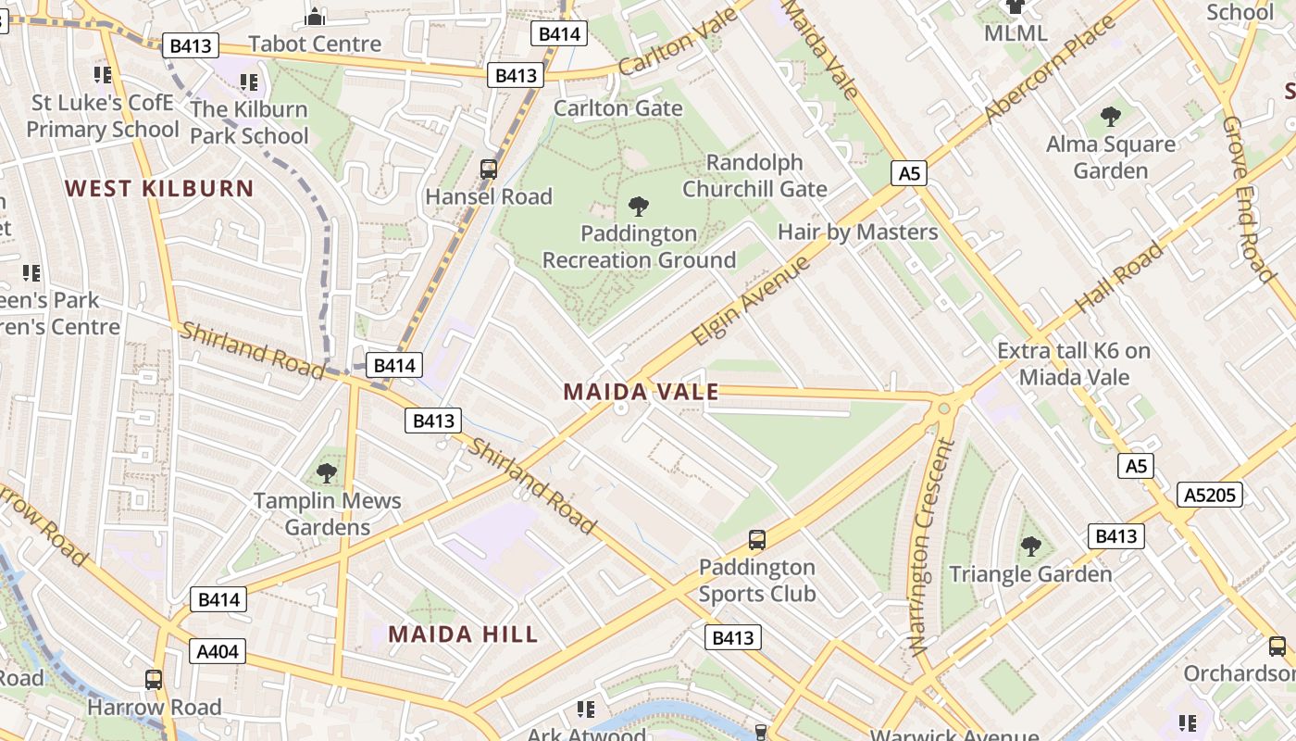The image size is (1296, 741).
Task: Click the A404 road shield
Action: pos(218,651)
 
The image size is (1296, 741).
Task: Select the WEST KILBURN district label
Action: pos(159,189)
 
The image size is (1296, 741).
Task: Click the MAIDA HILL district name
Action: pos(463,634)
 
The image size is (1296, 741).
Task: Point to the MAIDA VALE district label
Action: pos(641,392)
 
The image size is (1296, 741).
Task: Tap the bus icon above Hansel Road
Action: pos(489,170)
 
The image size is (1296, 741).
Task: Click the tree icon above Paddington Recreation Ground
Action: pos(638,206)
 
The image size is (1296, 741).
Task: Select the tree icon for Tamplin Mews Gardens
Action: pos(327,473)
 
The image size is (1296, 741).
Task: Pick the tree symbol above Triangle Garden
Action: pos(1030,546)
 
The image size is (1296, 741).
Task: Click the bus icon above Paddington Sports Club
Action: pos(756,539)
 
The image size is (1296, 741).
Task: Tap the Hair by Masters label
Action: pos(857,232)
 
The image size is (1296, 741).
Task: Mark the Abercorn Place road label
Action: pos(1052,69)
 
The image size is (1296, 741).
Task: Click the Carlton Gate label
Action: pos(617,108)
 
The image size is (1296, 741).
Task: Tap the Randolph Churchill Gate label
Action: pos(754,175)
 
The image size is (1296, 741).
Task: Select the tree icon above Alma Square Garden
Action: pos(1110,117)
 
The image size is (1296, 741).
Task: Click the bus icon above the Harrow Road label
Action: pos(154,679)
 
